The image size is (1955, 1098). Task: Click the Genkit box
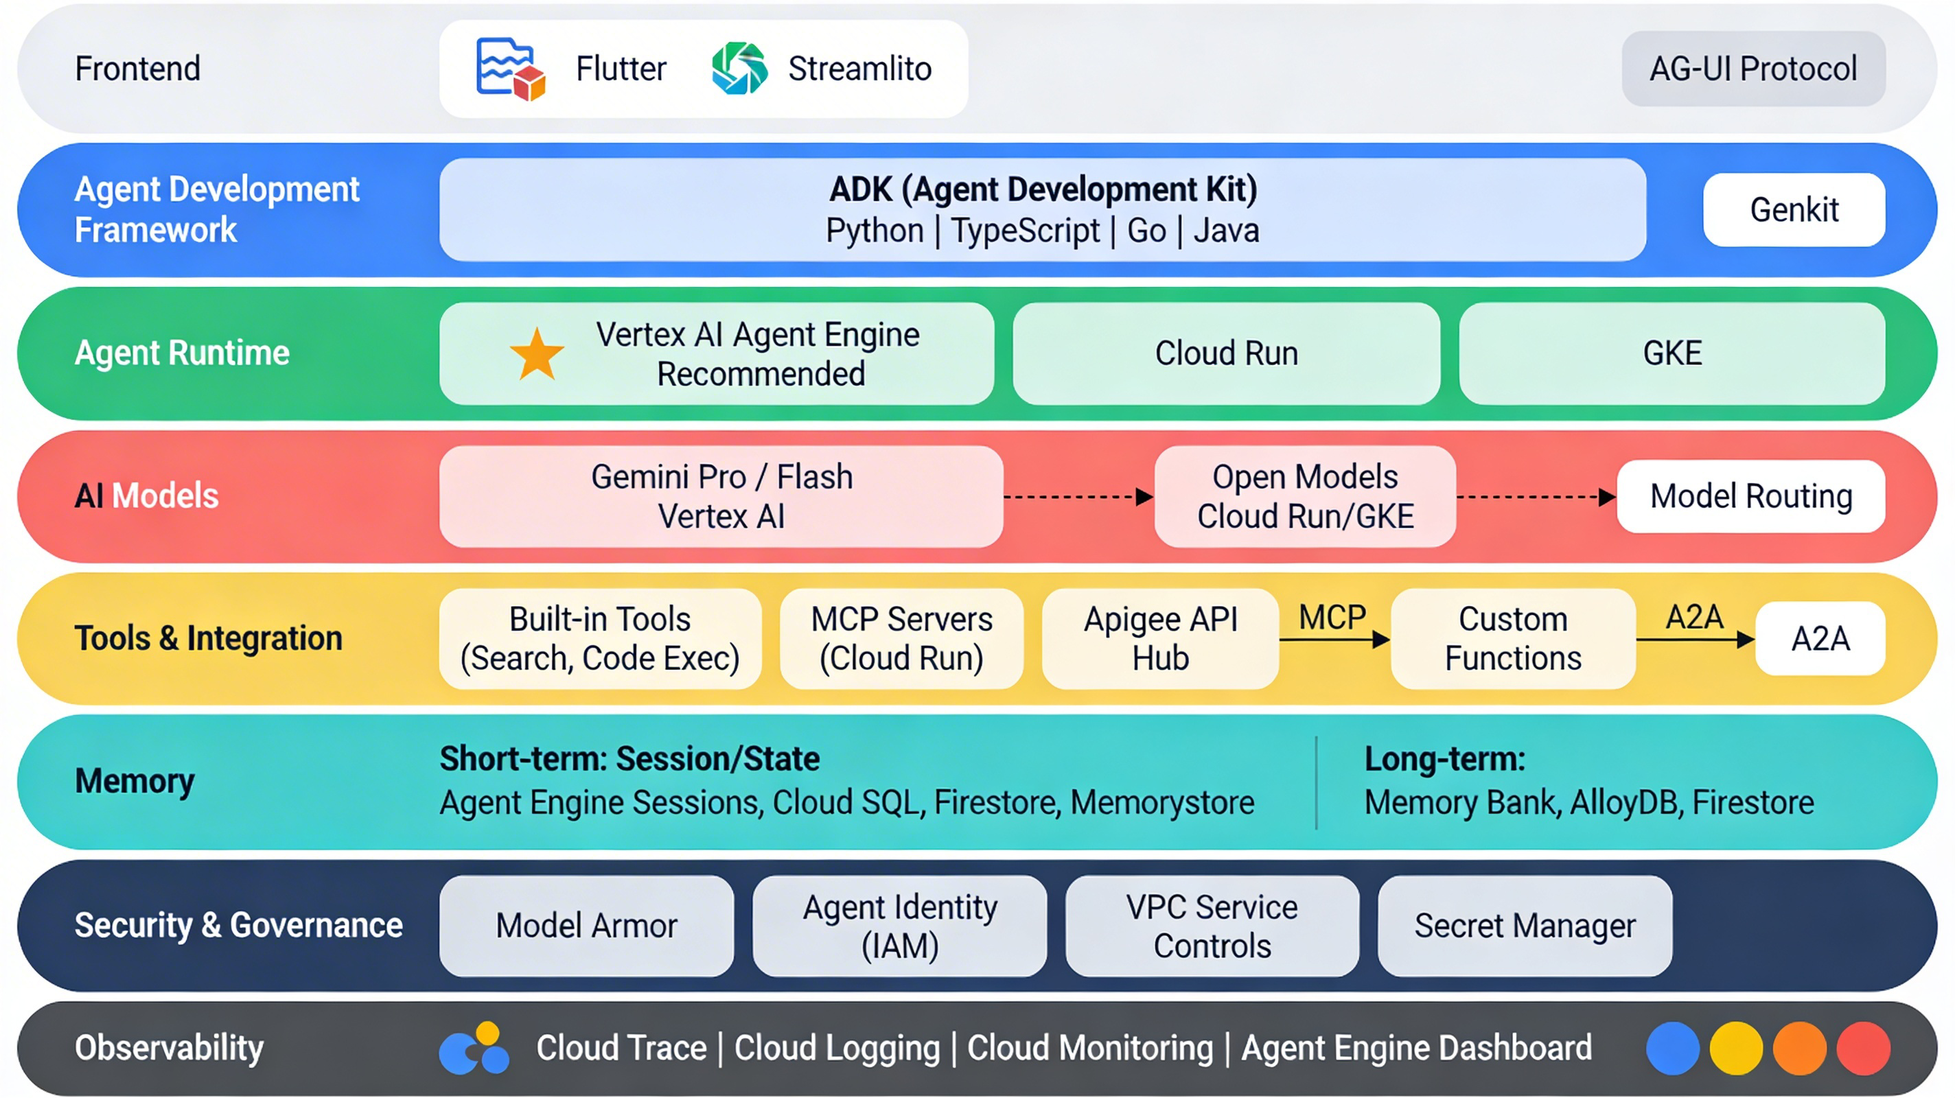coord(1794,209)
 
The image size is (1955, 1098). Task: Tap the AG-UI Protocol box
coord(1753,69)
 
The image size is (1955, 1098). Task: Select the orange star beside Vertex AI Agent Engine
coord(537,353)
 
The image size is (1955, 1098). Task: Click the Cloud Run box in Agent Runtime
coord(1226,353)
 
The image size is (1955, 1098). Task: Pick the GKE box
coord(1672,353)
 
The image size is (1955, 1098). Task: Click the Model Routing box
coord(1751,496)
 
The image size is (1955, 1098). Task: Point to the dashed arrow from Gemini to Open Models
coord(1078,498)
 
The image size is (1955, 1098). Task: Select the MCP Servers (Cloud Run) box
coord(901,639)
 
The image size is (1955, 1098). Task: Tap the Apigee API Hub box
coord(1159,639)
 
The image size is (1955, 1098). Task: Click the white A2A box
coord(1820,639)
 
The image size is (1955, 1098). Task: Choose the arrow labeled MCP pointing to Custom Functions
coord(1334,640)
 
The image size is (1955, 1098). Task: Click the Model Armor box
coord(586,926)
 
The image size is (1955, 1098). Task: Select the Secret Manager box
coord(1524,926)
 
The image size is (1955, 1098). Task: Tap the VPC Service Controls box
coord(1212,926)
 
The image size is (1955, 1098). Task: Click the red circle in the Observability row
coord(1862,1048)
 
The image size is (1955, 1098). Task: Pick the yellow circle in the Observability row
coord(1735,1048)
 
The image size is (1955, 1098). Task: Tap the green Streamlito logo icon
coord(739,69)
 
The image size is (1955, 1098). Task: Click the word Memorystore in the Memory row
coord(1162,803)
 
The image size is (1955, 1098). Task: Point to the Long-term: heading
coord(1444,759)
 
